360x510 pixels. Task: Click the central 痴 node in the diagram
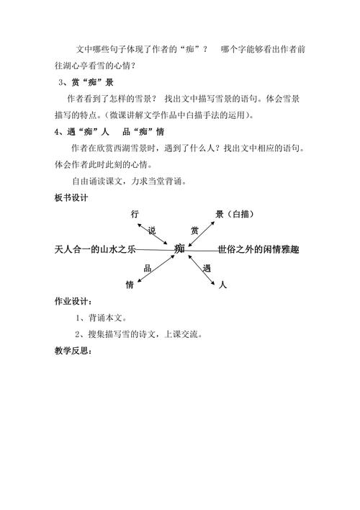[x=180, y=249]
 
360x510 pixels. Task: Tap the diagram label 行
[x=135, y=214]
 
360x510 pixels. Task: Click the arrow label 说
[x=152, y=231]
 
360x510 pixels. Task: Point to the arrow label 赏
[x=194, y=231]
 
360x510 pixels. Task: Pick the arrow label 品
[x=147, y=268]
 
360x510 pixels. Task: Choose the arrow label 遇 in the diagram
[x=207, y=268]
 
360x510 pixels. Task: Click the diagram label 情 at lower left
[x=130, y=285]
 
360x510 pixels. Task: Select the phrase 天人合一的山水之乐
[x=95, y=249]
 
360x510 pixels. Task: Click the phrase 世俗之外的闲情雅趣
[x=258, y=249]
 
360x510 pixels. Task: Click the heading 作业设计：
[x=73, y=300]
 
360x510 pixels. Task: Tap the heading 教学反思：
[x=73, y=351]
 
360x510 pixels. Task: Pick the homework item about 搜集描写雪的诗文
[x=138, y=334]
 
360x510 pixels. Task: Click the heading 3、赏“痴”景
[x=84, y=82]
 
